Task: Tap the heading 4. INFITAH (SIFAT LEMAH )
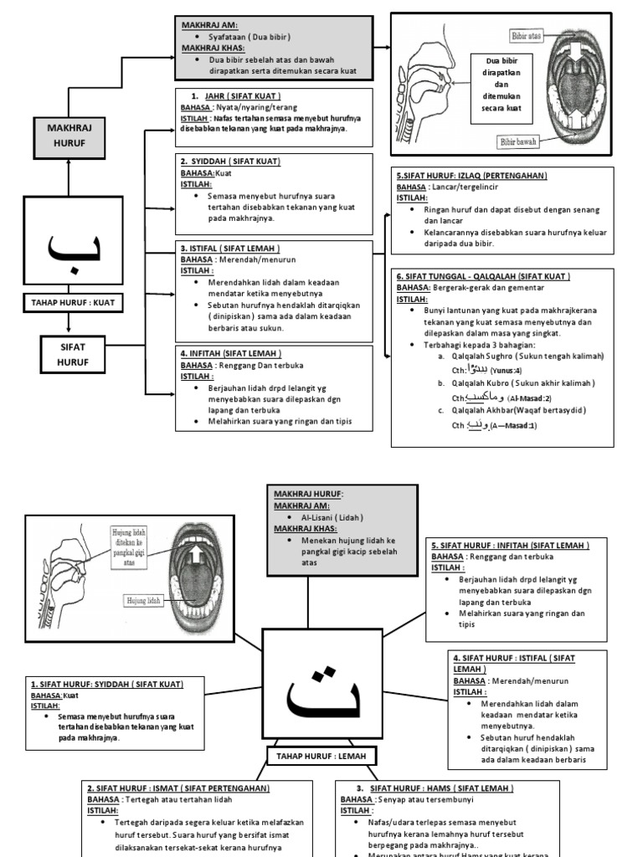coord(231,353)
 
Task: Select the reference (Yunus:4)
coord(505,370)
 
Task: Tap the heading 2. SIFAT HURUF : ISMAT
coord(178,788)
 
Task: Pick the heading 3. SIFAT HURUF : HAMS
coord(434,788)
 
